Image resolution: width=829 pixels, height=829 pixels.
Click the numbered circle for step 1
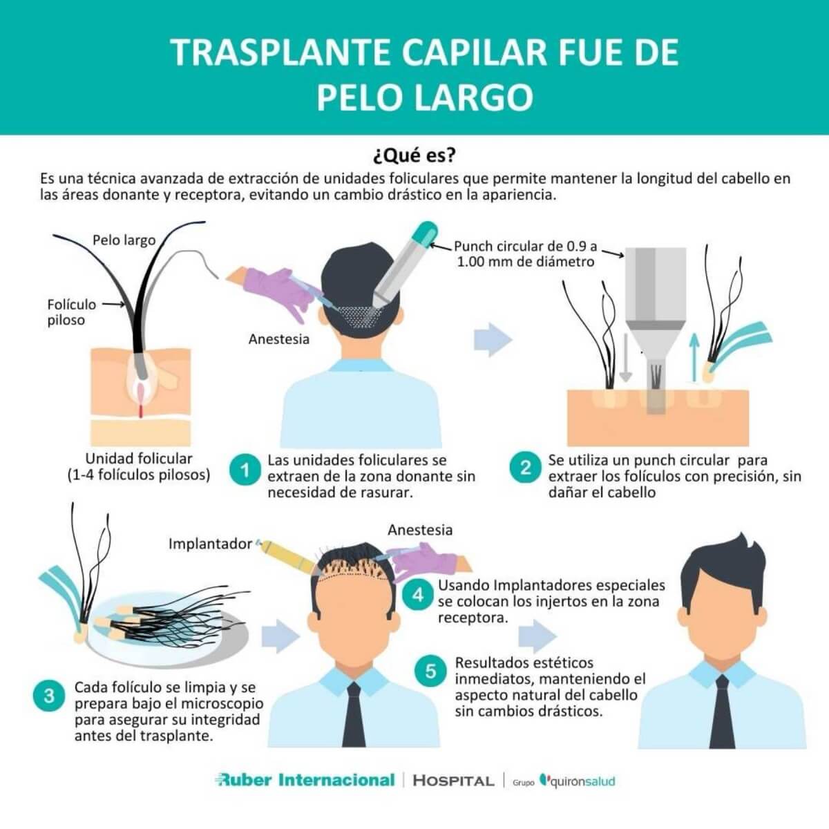(x=244, y=472)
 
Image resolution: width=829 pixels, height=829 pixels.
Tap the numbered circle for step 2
(x=525, y=468)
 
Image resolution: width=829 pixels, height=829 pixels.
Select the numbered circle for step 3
(x=49, y=696)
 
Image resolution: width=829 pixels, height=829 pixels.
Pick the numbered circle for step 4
(x=418, y=595)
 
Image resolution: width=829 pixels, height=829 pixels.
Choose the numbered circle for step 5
(x=430, y=671)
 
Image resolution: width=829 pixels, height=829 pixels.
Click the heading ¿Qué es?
(x=414, y=153)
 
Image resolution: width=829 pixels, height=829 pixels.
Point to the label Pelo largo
(x=124, y=240)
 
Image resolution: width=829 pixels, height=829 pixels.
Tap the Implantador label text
(x=210, y=544)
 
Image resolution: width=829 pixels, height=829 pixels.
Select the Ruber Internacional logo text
(x=305, y=780)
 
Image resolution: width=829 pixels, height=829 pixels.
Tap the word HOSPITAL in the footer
(x=453, y=781)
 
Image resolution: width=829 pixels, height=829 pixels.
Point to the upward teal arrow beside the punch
(x=695, y=356)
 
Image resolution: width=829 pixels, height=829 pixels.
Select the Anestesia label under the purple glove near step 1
(x=278, y=339)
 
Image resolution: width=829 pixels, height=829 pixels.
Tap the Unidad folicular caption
(x=139, y=466)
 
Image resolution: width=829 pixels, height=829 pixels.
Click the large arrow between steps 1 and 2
(x=493, y=340)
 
